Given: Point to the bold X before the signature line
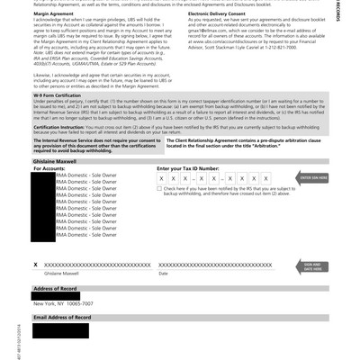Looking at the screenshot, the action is point(35,265).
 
